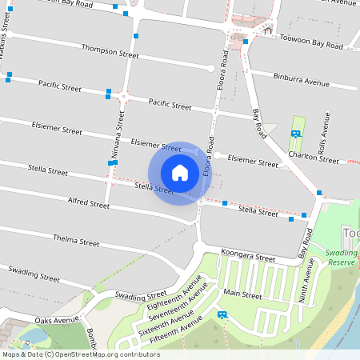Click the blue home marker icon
pyautogui.click(x=180, y=173)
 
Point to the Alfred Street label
pyautogui.click(x=89, y=204)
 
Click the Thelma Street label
pyautogui.click(x=75, y=241)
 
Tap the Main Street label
pyautogui.click(x=243, y=295)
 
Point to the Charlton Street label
pyautogui.click(x=314, y=158)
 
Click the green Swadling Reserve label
pyautogui.click(x=343, y=258)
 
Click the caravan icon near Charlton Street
pyautogui.click(x=296, y=134)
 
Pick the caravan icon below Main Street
pyautogui.click(x=222, y=314)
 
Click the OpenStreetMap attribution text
pyautogui.click(x=81, y=354)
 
